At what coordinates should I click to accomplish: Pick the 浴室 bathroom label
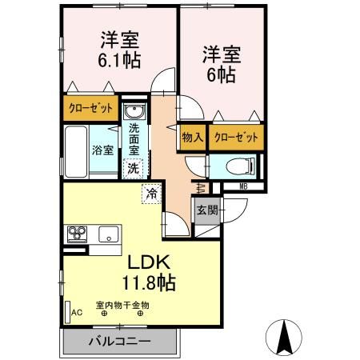[x=101, y=150]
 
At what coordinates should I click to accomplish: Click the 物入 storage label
[x=193, y=137]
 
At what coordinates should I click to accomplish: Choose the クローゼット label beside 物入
[x=236, y=137]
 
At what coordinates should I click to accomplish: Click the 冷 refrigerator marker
[x=151, y=192]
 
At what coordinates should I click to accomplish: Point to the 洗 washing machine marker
[x=134, y=168]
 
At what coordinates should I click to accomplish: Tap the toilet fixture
[x=238, y=166]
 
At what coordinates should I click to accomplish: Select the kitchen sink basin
[x=107, y=234]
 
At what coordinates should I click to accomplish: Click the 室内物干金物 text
[x=122, y=304]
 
